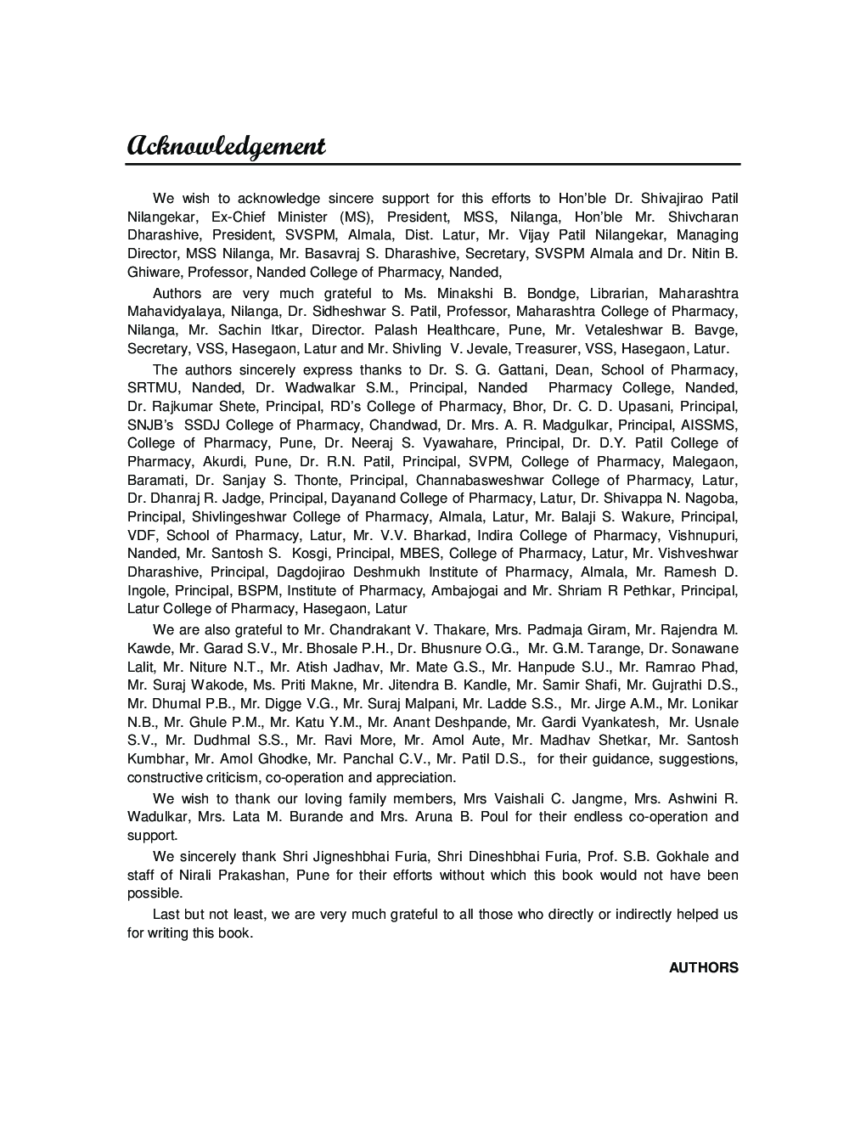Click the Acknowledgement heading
pyautogui.click(x=226, y=145)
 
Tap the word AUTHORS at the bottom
pyautogui.click(x=703, y=967)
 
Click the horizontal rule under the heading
pyautogui.click(x=433, y=163)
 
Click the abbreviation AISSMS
pyautogui.click(x=708, y=425)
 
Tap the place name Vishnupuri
pyautogui.click(x=702, y=535)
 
